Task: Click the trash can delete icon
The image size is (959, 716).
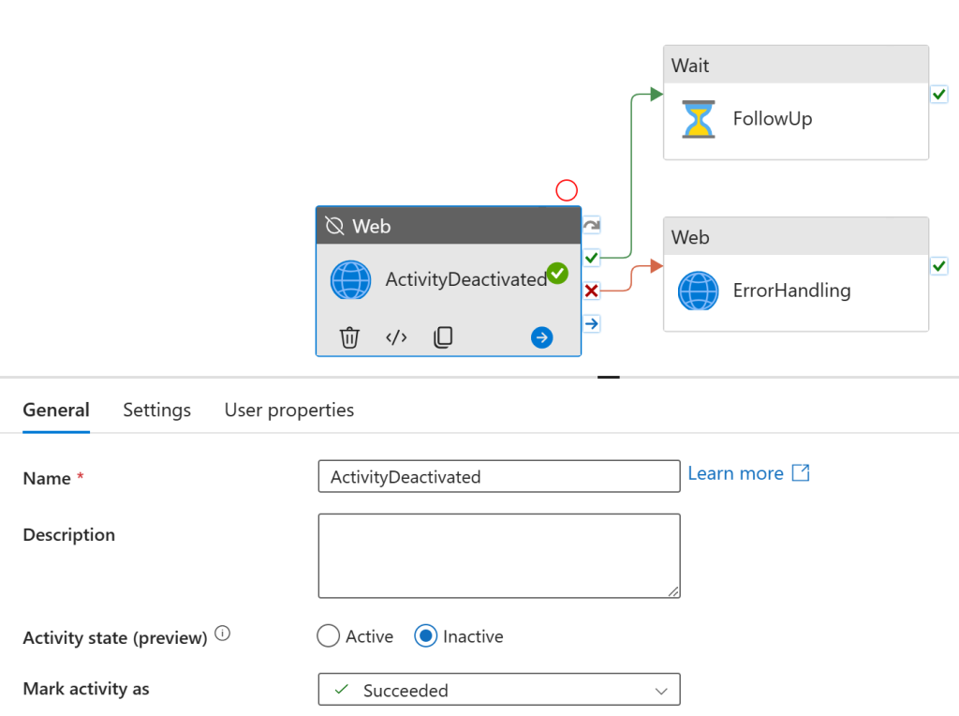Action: (349, 337)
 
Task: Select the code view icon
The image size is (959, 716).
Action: (396, 337)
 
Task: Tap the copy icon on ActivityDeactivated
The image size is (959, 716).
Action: (443, 337)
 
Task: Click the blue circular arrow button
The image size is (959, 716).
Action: (542, 337)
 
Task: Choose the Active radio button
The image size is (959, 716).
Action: (329, 635)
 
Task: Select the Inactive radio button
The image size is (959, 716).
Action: (426, 635)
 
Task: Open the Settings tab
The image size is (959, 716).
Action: (157, 410)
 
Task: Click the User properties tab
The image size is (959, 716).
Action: (289, 410)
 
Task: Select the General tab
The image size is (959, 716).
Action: (56, 410)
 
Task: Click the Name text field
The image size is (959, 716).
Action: (499, 476)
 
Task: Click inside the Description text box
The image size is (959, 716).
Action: (499, 556)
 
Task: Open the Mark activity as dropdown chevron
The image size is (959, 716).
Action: (661, 691)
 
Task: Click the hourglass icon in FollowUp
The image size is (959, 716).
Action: (699, 119)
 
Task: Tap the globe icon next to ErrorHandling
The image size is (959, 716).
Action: (698, 291)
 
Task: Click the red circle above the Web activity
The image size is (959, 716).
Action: (567, 190)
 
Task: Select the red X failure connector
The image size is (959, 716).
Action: (592, 291)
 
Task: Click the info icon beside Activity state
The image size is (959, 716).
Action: (223, 634)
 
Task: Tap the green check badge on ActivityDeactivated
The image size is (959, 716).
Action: (557, 273)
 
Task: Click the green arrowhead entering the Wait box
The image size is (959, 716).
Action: (657, 95)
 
